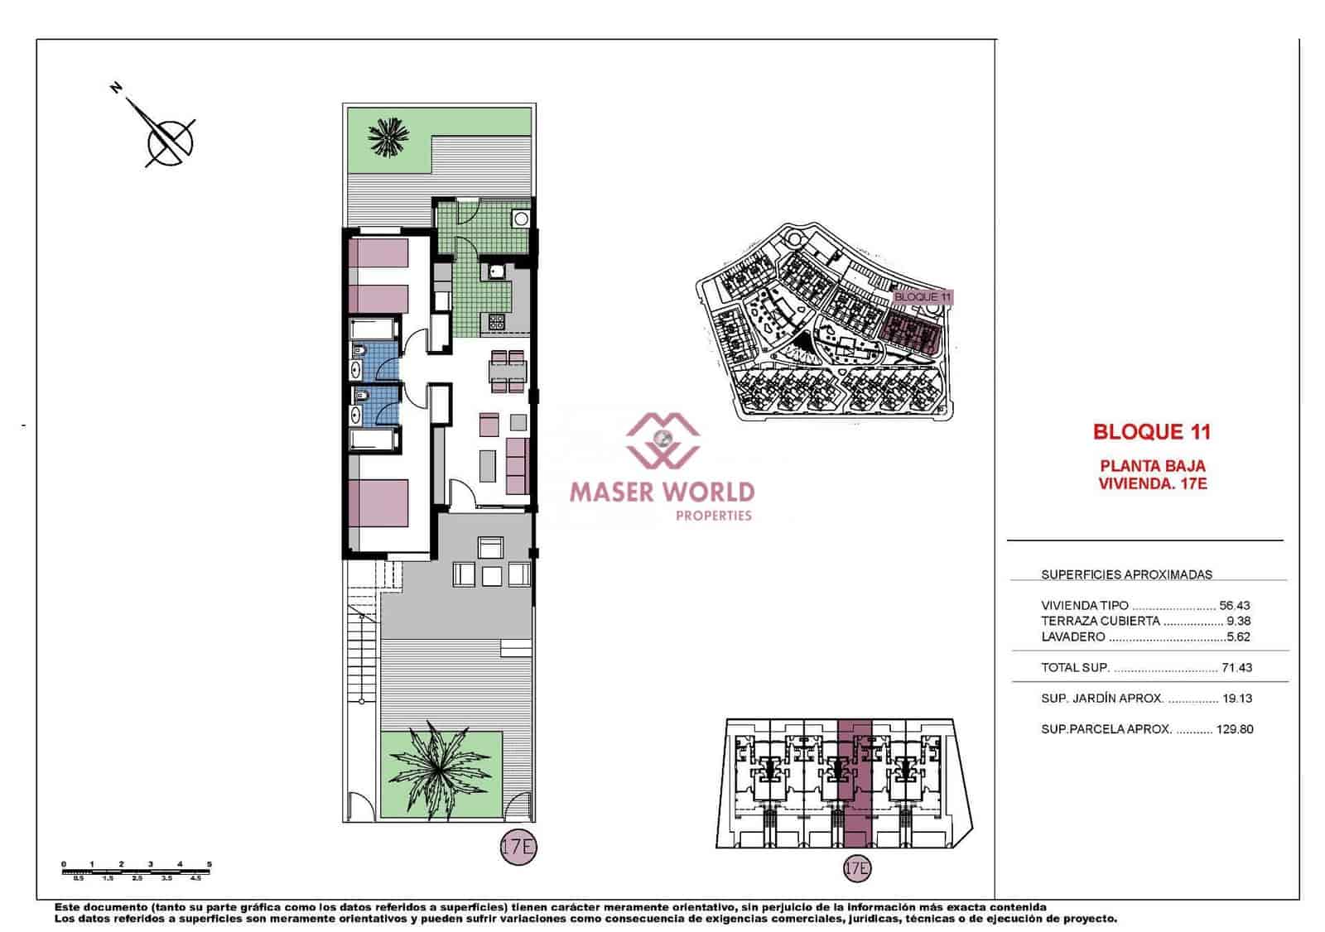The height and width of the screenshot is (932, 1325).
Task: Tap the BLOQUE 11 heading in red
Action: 1151,431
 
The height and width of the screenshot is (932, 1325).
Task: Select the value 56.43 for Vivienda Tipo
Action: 1235,606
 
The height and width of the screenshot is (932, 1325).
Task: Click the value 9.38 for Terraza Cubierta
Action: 1239,622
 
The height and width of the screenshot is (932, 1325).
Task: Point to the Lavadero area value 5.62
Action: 1239,637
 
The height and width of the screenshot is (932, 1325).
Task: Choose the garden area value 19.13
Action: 1237,699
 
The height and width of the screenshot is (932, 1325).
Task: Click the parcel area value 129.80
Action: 1234,730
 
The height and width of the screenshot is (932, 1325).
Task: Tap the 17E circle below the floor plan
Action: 518,847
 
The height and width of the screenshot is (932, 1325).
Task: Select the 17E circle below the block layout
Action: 857,868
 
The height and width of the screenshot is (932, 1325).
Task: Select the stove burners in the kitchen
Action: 497,321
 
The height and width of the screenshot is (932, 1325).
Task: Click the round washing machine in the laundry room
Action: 520,219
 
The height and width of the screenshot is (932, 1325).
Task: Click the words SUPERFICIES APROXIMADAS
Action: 1126,574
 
